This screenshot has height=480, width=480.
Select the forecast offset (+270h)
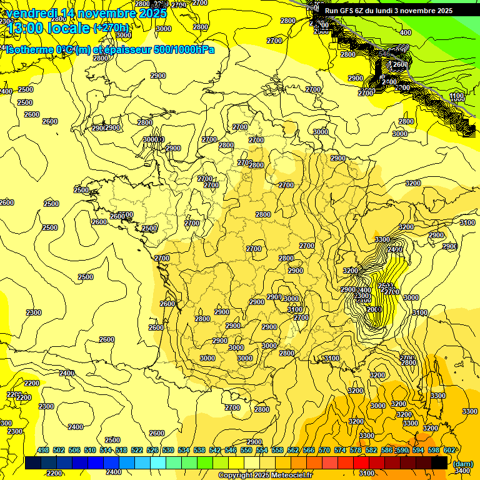pyautogui.click(x=111, y=28)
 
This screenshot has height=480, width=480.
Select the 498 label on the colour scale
pyautogui.click(x=43, y=450)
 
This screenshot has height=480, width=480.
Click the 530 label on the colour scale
pyautogui.click(x=168, y=450)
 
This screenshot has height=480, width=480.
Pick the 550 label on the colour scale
pyautogui.click(x=246, y=450)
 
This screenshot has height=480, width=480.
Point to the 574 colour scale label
pyautogui.click(x=340, y=450)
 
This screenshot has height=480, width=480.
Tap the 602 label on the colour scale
pyautogui.click(x=449, y=450)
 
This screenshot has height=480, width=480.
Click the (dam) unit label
pyautogui.click(x=462, y=463)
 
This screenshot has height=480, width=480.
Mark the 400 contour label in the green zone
pyautogui.click(x=406, y=32)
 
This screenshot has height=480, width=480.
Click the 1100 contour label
pyautogui.click(x=457, y=96)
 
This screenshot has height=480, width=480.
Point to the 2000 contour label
pyautogui.click(x=374, y=309)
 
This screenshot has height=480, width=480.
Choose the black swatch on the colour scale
pyautogui.click(x=439, y=462)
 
